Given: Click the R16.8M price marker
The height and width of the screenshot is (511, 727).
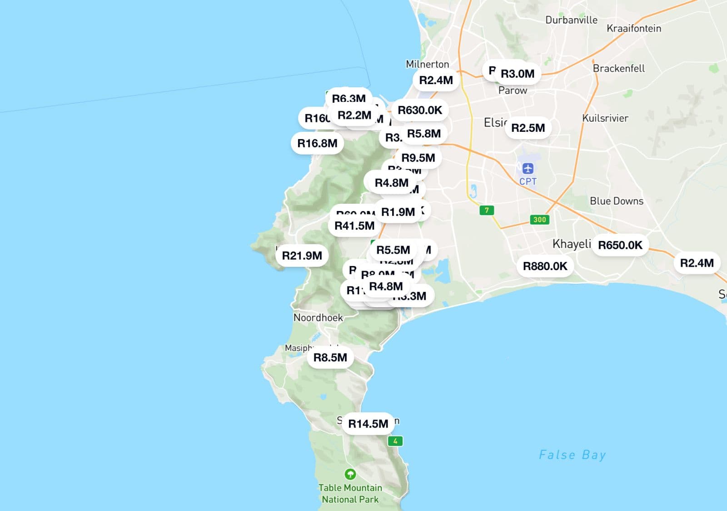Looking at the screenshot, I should (x=317, y=144).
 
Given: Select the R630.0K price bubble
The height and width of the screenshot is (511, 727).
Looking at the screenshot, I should (x=420, y=110).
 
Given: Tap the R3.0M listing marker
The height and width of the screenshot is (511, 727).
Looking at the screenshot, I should (x=518, y=74).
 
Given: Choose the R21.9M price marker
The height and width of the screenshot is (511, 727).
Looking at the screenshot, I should (x=302, y=255).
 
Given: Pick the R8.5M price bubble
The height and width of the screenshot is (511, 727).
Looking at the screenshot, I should (x=330, y=357).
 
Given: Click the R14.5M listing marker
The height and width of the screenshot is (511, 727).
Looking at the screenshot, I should (x=368, y=424).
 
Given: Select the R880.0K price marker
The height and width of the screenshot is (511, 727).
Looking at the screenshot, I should (x=545, y=266).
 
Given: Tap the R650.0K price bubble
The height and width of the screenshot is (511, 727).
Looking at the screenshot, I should (x=620, y=245).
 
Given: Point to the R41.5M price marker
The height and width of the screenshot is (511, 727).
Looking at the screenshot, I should (x=354, y=225).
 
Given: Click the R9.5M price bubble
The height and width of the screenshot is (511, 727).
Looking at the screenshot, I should (x=418, y=158).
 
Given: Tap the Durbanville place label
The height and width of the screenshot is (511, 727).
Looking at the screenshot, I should (x=571, y=20).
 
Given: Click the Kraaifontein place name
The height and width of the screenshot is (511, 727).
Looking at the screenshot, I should (x=634, y=28).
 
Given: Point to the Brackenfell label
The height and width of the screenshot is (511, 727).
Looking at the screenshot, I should (x=619, y=68).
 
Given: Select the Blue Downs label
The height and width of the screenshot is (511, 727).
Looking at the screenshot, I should (x=617, y=201).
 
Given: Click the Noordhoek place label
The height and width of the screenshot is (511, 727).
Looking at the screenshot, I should (x=318, y=317).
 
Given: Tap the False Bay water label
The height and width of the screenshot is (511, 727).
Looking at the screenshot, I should (x=572, y=455).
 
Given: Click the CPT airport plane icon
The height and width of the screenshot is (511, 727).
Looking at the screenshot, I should (x=528, y=169).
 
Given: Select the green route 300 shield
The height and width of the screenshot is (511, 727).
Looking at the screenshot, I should (x=539, y=220).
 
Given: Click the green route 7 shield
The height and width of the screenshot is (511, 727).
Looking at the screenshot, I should (x=487, y=210).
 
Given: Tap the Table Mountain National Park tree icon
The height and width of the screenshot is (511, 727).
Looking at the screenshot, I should (x=350, y=474).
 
